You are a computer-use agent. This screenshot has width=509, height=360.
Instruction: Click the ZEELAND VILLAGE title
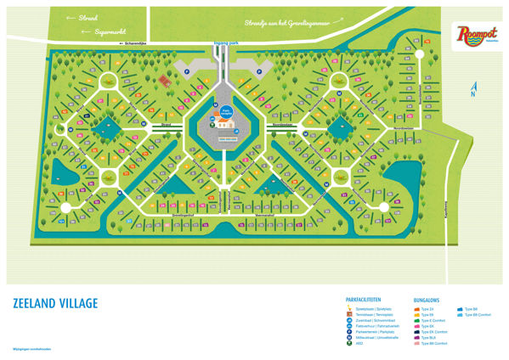tap(55, 303)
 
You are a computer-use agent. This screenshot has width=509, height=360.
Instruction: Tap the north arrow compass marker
tap(472, 88)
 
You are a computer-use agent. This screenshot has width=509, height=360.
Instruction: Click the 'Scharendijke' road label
tap(139, 42)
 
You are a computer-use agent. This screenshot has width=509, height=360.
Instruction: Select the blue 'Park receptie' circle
tap(226, 111)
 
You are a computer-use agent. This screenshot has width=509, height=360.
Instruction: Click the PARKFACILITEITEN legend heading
tap(370, 300)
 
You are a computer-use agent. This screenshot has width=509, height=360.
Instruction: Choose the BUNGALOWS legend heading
tap(427, 300)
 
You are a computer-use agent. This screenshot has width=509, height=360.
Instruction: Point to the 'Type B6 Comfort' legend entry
tap(480, 314)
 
